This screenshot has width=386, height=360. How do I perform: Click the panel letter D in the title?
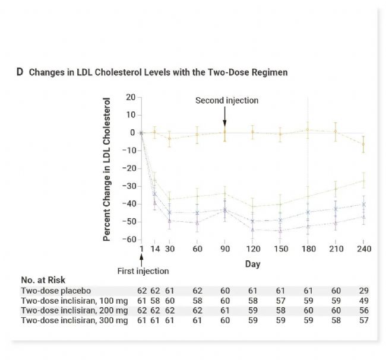point(19,72)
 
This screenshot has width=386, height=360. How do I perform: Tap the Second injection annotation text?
point(226,100)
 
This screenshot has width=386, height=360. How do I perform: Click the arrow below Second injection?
point(224,114)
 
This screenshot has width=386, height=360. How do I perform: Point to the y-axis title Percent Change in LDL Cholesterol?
point(107,170)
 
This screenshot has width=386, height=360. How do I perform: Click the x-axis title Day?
point(252,264)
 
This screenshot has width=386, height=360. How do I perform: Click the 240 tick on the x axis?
point(363,249)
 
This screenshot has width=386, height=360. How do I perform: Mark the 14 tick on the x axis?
point(156,249)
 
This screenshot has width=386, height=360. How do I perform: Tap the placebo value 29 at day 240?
point(363,291)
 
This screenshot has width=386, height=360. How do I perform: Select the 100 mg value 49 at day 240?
point(363,301)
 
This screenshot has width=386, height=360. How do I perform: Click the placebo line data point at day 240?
point(363,144)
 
